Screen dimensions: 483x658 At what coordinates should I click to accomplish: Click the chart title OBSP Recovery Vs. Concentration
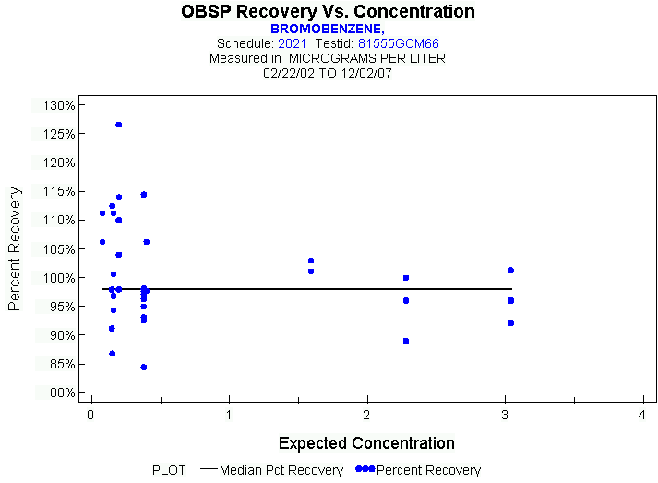click(x=328, y=12)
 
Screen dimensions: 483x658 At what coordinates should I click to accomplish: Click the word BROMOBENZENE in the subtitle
click(x=325, y=29)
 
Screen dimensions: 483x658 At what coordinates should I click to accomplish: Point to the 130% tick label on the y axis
click(x=58, y=105)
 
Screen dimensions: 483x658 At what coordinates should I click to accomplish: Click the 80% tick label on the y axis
click(x=61, y=393)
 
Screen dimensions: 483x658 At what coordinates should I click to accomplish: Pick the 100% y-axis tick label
click(x=58, y=278)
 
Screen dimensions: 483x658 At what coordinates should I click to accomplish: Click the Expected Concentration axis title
click(x=366, y=443)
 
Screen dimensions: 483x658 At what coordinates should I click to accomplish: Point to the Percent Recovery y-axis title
click(x=15, y=248)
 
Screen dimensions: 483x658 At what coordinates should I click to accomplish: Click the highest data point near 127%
click(x=119, y=124)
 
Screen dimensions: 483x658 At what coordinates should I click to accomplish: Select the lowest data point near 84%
click(x=144, y=367)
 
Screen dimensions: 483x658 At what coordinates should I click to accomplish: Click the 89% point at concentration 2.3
click(x=406, y=341)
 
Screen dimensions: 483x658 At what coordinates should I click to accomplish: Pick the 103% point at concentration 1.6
click(x=311, y=260)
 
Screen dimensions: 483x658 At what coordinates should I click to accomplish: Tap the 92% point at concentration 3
click(x=510, y=323)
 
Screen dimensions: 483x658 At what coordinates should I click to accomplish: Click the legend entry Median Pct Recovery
click(x=279, y=470)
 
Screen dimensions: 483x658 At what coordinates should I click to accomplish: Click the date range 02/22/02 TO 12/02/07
click(x=327, y=72)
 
